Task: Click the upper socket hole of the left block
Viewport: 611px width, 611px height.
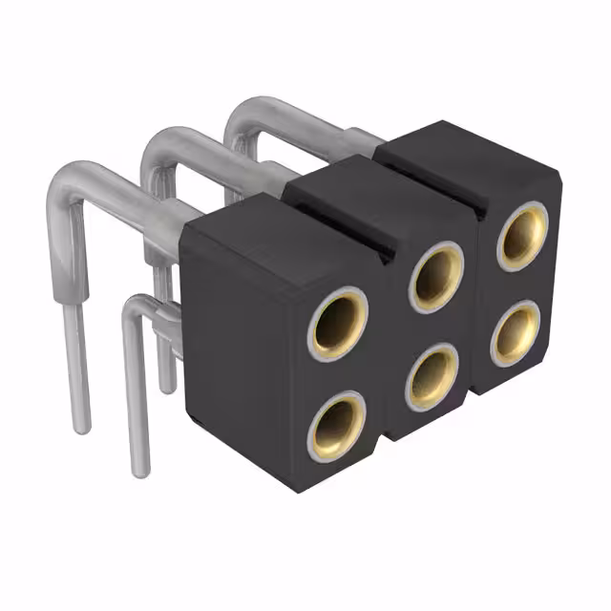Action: (340, 322)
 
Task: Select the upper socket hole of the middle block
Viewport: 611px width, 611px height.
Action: (438, 275)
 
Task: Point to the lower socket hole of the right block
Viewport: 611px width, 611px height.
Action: (517, 331)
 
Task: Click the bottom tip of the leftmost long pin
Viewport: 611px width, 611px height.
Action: (82, 425)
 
